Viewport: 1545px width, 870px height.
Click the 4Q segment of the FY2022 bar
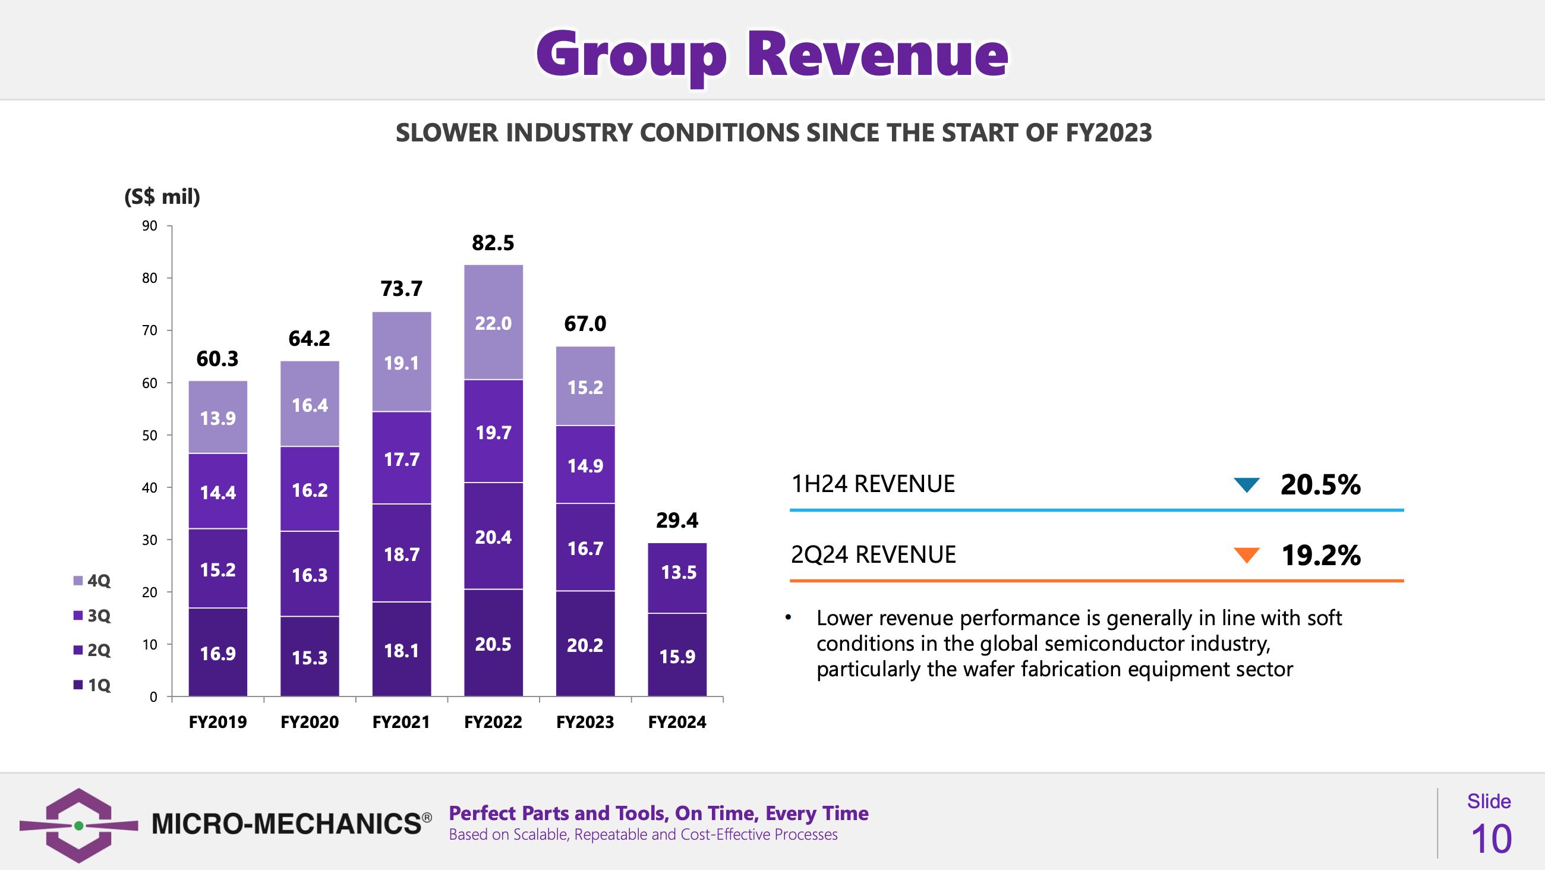point(493,322)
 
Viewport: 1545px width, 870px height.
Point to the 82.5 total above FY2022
point(493,243)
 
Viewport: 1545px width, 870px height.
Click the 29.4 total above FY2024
point(677,520)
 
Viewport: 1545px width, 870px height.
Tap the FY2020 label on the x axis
point(310,722)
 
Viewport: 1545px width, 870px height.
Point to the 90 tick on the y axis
point(150,226)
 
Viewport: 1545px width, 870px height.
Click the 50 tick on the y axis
point(150,435)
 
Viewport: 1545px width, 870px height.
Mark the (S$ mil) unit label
point(162,197)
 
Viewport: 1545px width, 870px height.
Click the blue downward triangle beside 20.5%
point(1246,484)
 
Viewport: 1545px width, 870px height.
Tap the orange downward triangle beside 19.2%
point(1246,555)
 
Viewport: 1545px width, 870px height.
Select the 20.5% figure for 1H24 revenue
point(1320,484)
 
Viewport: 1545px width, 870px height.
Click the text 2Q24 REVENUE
point(874,554)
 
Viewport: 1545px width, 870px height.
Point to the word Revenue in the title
point(878,55)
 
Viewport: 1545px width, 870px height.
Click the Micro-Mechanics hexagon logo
point(78,825)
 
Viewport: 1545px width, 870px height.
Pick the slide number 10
point(1491,839)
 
